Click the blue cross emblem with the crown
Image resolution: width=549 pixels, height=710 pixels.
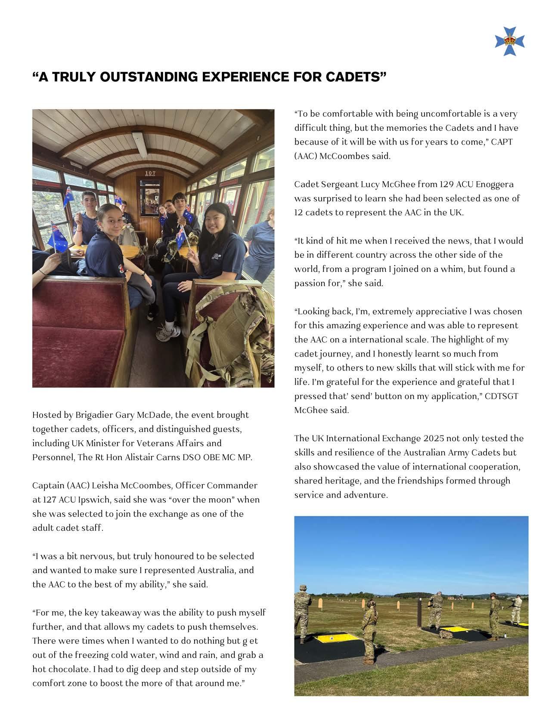[510, 41]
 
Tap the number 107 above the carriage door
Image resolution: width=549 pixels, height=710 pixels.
[150, 173]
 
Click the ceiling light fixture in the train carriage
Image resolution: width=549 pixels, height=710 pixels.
[140, 144]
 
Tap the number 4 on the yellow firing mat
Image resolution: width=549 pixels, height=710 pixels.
[332, 639]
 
